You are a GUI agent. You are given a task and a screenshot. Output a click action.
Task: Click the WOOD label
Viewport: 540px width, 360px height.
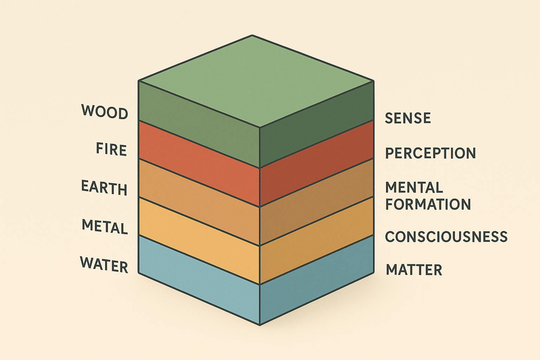105,112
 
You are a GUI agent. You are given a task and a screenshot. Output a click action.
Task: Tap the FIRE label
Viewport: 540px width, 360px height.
111,150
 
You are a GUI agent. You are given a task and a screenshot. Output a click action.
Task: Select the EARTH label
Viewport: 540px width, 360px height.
104,188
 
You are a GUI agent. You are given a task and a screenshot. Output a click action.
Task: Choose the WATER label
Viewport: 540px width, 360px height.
104,264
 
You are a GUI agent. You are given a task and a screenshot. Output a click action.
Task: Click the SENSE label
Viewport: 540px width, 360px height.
408,118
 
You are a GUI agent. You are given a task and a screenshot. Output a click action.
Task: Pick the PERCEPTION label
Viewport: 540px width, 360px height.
430,153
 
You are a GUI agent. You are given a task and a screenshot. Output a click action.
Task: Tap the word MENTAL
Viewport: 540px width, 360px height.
414,187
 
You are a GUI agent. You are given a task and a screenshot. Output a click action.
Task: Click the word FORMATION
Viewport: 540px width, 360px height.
428,204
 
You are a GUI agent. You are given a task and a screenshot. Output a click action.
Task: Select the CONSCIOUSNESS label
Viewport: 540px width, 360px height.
446,237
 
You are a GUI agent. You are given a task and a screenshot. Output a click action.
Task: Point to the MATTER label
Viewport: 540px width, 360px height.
414,270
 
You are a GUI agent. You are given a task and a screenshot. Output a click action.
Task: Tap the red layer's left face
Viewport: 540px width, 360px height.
199,165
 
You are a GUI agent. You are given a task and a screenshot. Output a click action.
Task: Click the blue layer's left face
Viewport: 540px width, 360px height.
199,281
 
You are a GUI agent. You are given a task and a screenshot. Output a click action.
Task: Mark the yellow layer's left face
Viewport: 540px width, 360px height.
199,243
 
